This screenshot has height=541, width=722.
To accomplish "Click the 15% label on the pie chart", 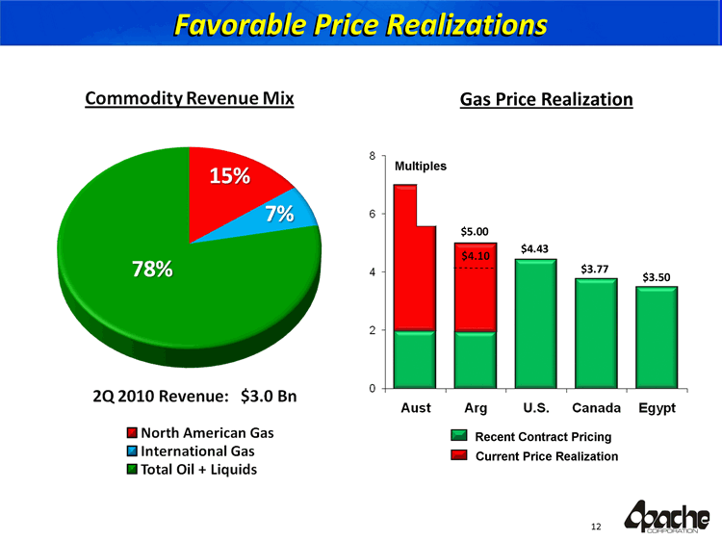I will pos(230,176).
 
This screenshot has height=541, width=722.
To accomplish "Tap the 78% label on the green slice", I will pos(152,270).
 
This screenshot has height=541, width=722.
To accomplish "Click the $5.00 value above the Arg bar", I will pos(475,231).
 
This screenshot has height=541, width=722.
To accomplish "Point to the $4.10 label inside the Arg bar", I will pos(476,256).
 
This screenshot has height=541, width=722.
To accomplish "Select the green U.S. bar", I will pos(535,322).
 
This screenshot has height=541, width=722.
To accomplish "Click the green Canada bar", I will pos(596,332).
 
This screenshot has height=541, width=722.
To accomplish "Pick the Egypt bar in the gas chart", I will pos(657,337).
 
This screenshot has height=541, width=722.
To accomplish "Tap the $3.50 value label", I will pos(657,277).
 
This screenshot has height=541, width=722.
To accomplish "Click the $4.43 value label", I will pos(534,249).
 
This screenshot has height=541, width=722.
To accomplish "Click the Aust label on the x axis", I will pos(415,408).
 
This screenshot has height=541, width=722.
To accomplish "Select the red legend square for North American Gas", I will pos(132,431).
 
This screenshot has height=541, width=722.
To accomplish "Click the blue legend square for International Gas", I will pos(132,450).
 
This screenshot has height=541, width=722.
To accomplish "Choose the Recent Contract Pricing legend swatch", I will pos(458,437).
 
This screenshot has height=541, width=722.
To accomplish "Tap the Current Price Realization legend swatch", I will pos(458,455).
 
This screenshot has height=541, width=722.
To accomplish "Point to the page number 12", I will pos(596,526).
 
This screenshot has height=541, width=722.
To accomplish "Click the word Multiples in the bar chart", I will pos(420,166).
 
